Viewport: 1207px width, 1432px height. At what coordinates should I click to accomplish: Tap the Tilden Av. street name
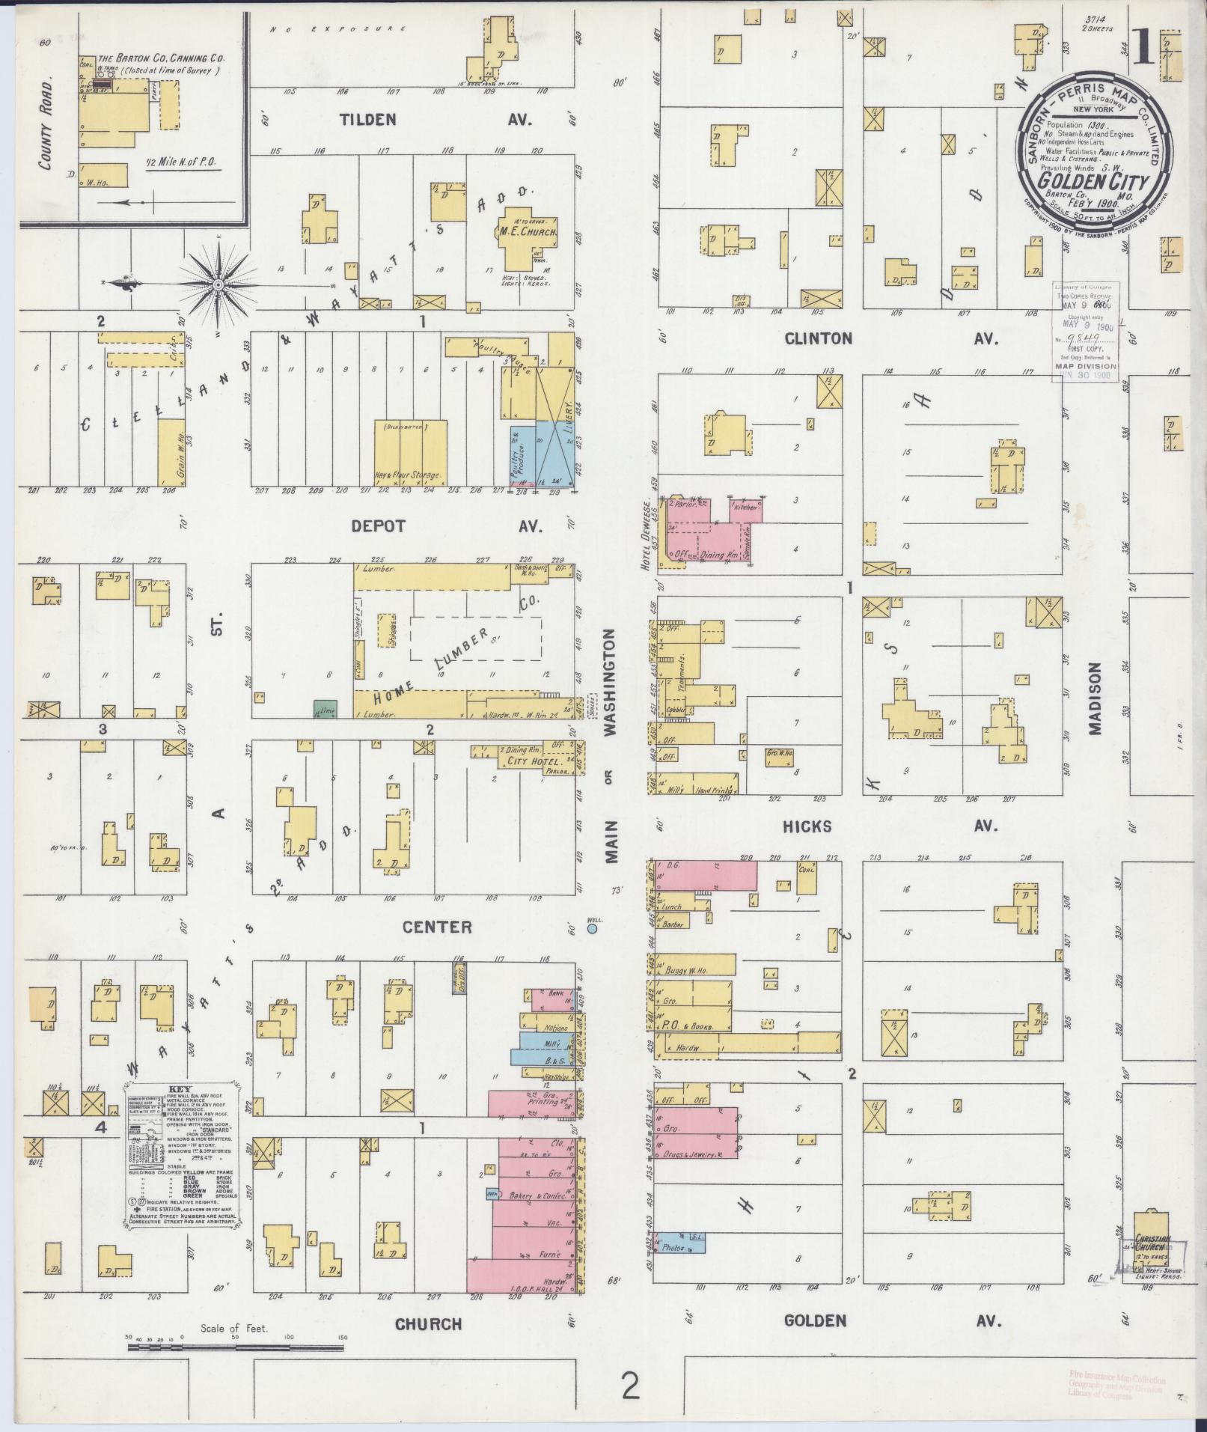[x=436, y=120]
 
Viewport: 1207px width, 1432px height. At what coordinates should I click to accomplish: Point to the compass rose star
[x=218, y=284]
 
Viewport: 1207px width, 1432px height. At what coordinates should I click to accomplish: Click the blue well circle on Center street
[x=593, y=929]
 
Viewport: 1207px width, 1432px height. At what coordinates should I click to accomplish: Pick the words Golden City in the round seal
[x=1094, y=181]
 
